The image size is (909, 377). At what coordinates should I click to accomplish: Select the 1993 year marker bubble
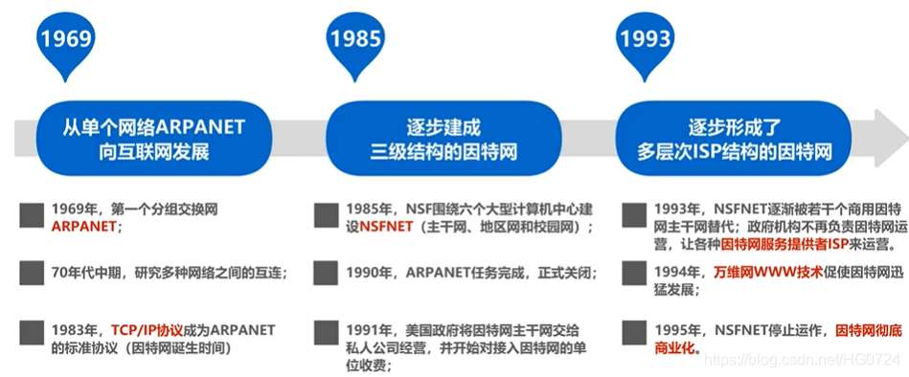645,40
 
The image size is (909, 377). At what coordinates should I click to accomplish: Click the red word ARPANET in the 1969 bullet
84,227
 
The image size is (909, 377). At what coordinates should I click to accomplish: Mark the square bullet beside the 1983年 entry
30,330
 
